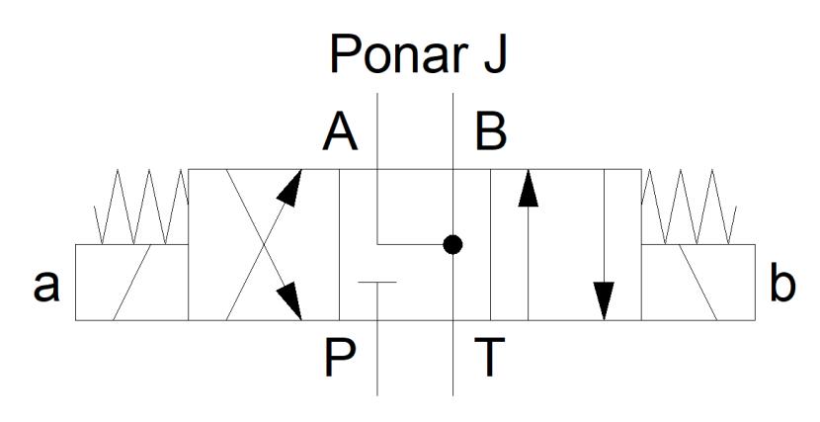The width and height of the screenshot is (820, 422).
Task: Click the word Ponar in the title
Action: [398, 54]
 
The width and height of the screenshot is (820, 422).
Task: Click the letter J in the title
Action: [495, 54]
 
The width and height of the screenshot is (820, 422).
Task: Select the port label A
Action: [340, 132]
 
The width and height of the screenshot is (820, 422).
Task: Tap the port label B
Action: [491, 132]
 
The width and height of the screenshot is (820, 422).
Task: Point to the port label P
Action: [340, 358]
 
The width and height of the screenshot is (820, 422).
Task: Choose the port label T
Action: [489, 358]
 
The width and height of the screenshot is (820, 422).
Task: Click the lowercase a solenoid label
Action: [46, 287]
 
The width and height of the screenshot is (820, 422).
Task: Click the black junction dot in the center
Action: [452, 244]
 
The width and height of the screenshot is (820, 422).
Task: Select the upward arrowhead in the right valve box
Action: [529, 188]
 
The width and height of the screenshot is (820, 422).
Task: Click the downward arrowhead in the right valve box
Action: [604, 300]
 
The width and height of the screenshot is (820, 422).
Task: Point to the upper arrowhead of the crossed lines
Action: [290, 187]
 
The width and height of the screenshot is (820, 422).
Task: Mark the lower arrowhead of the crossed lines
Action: [289, 301]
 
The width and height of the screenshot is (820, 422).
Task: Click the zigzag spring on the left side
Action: [141, 207]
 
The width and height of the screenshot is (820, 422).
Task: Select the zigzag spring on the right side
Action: [689, 207]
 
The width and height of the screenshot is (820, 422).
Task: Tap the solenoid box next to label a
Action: [131, 283]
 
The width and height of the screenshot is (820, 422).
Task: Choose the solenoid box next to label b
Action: [698, 283]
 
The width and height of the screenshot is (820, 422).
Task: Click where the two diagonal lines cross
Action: [264, 244]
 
